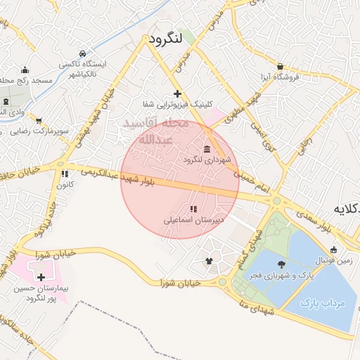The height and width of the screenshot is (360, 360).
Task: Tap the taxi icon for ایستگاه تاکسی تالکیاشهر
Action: (x=83, y=53)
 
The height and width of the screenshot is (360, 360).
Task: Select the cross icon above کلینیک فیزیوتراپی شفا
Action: (x=177, y=94)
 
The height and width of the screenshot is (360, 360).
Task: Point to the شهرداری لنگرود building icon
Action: (x=206, y=149)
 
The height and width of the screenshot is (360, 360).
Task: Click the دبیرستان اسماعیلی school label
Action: (x=194, y=219)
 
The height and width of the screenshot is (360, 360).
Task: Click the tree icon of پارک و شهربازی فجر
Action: (x=282, y=264)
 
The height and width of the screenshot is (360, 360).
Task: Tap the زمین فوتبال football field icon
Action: (x=333, y=250)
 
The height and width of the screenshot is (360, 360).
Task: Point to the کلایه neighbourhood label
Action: (x=345, y=209)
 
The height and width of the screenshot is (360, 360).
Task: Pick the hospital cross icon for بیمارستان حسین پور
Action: (x=41, y=278)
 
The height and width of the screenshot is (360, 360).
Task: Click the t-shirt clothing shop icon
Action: (x=209, y=262)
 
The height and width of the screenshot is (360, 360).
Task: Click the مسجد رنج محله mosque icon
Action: (x=25, y=70)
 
